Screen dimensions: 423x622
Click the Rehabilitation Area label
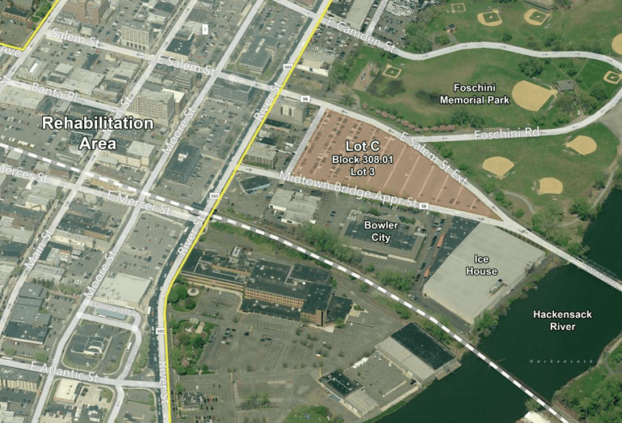point(97,133)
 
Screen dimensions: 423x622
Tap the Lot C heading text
point(362,146)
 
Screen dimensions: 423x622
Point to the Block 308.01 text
point(362,160)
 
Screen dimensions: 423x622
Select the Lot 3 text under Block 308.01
point(362,172)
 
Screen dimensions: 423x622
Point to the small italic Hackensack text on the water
point(566,355)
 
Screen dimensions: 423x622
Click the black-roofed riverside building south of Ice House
point(421,345)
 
